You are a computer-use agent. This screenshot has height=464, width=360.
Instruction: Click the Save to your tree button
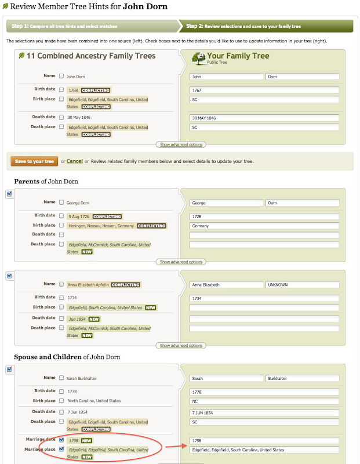click(x=34, y=161)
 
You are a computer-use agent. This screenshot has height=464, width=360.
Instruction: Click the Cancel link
click(x=74, y=161)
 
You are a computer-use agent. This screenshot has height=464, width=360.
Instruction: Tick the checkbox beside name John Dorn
click(x=61, y=76)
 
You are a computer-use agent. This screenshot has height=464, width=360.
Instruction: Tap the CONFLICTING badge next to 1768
click(x=96, y=90)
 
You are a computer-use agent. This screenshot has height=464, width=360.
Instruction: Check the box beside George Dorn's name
click(x=61, y=202)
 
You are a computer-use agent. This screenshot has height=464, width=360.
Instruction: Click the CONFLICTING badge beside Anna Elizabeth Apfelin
click(x=126, y=285)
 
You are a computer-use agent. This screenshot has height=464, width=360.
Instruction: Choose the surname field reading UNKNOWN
click(x=302, y=285)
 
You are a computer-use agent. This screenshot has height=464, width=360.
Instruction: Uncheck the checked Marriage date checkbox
click(x=61, y=440)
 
